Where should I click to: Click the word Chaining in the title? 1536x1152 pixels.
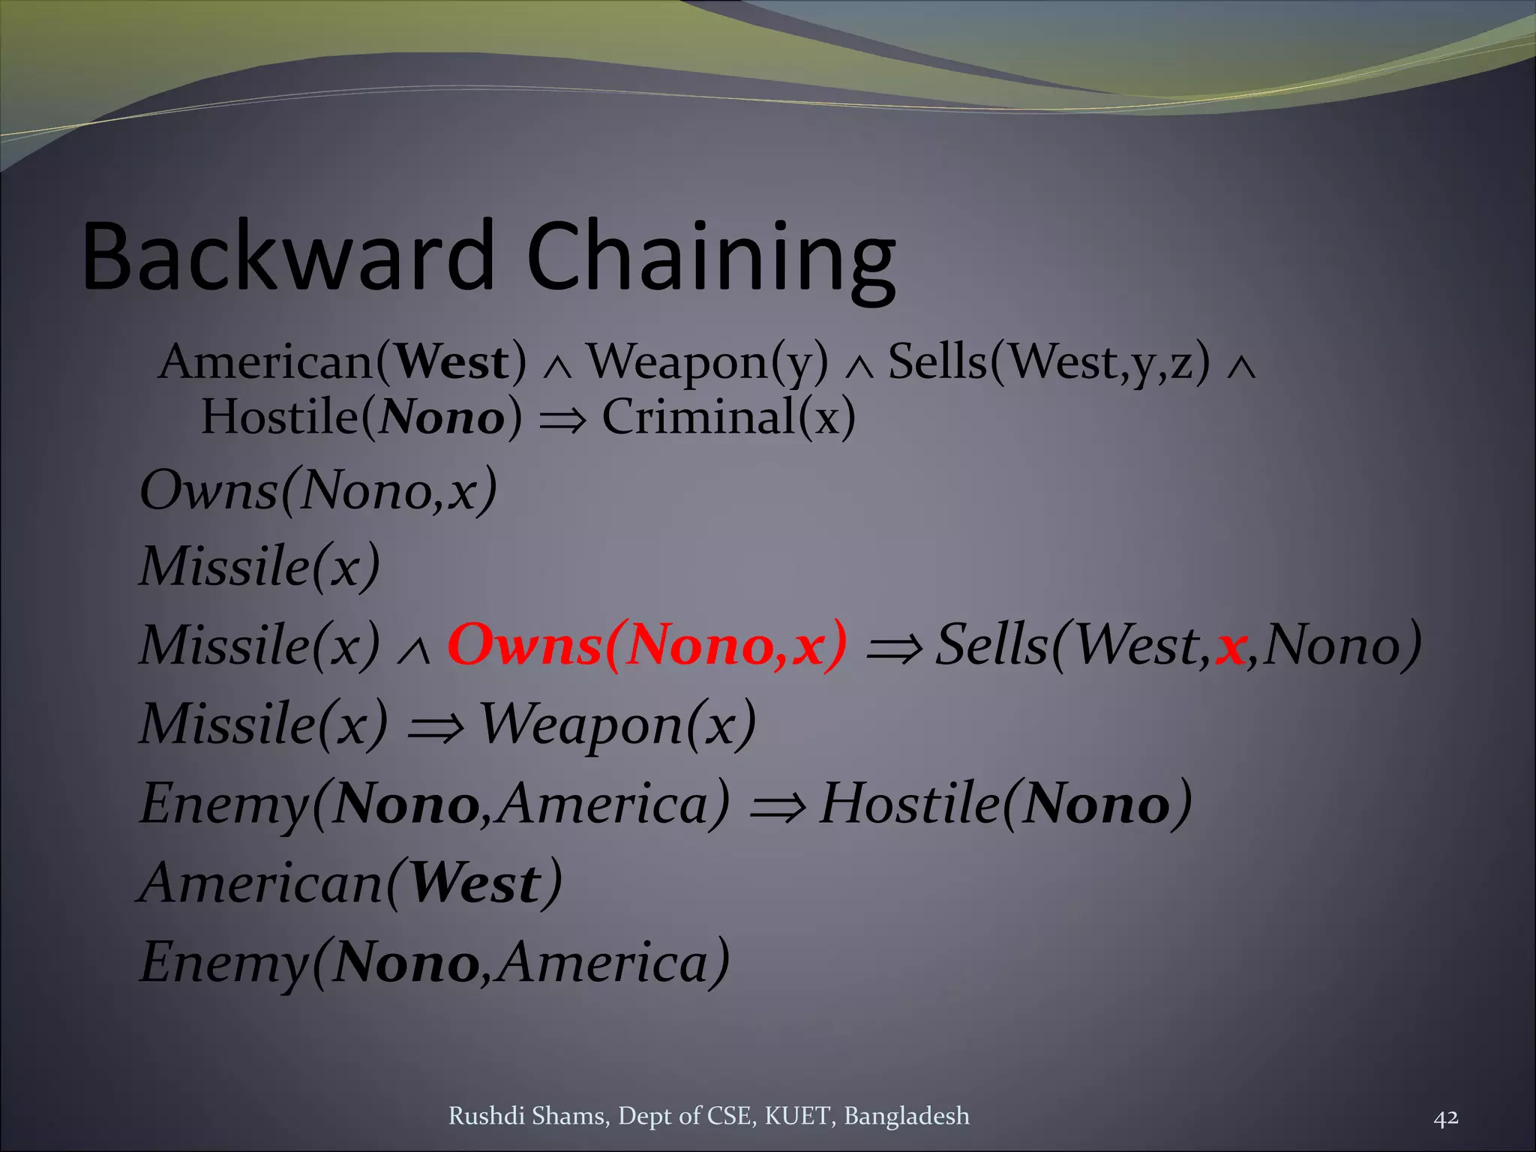tap(711, 259)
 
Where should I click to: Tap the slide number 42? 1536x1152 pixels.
tap(1446, 1117)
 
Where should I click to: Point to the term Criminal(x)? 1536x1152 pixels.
tap(728, 417)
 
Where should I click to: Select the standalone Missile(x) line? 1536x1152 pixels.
tap(260, 565)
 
